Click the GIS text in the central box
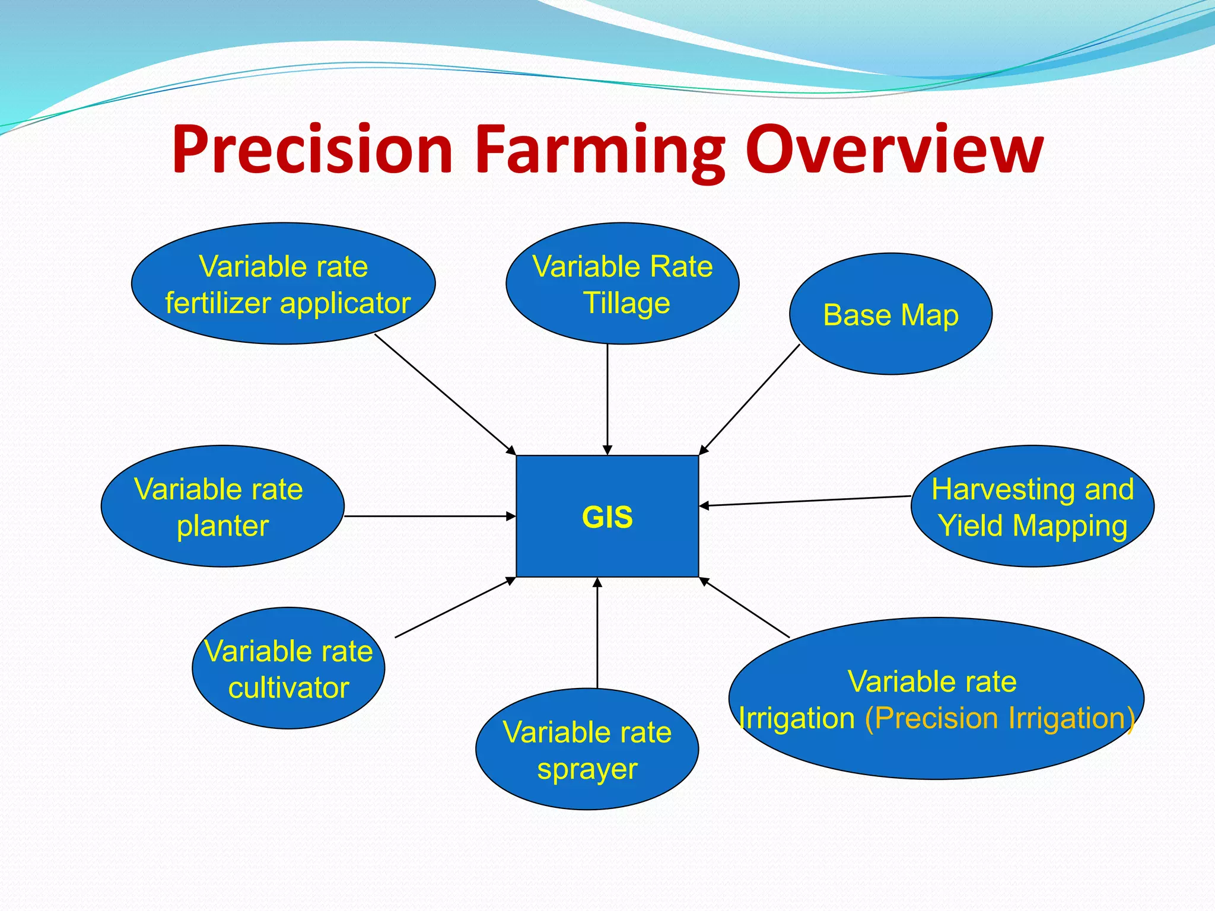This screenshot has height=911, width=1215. tap(607, 517)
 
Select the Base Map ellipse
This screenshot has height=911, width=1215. tap(890, 315)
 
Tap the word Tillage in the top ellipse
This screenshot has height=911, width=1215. tap(626, 303)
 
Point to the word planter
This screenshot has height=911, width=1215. tap(222, 526)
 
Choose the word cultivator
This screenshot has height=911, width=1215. tap(288, 688)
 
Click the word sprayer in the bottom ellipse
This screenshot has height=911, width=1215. tap(587, 769)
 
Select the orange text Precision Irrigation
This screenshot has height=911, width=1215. tap(999, 718)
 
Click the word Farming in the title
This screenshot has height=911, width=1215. tap(599, 151)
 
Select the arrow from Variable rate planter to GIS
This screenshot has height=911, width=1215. tap(430, 516)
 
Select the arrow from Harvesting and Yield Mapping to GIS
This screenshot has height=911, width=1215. tap(805, 501)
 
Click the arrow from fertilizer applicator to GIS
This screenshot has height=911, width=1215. tap(445, 394)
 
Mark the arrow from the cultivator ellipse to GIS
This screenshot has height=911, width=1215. tap(454, 607)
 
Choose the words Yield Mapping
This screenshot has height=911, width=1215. tap(1032, 526)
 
